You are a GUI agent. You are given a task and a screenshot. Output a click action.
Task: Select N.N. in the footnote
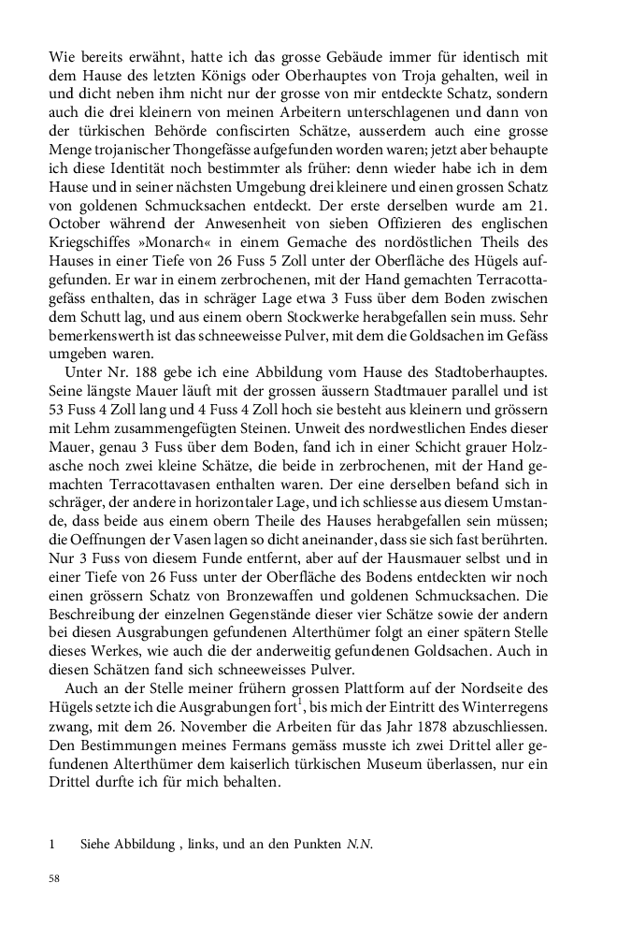click(359, 845)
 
